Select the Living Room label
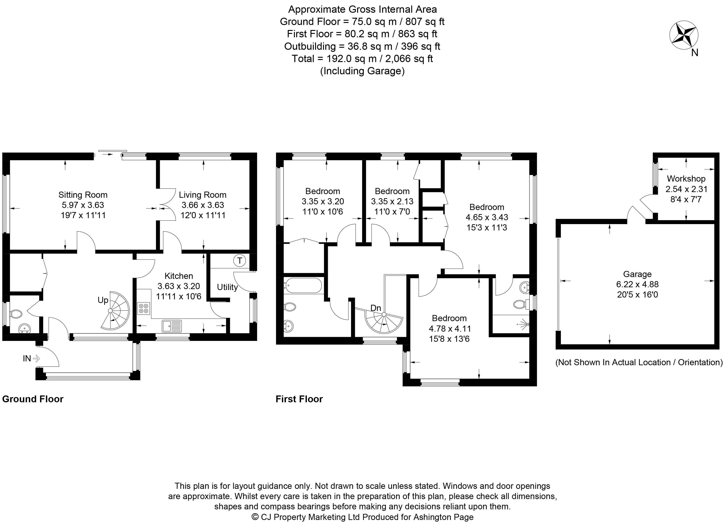(x=203, y=195)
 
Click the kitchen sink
(x=172, y=326)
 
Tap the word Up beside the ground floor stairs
(x=103, y=300)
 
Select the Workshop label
(x=686, y=179)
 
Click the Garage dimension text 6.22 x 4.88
(x=637, y=284)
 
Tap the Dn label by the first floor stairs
(x=376, y=308)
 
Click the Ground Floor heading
(x=33, y=399)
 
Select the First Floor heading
(x=299, y=399)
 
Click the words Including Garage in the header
(x=362, y=71)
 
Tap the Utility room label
(x=227, y=287)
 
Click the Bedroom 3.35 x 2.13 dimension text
(x=392, y=202)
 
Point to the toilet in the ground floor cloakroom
(x=16, y=314)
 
